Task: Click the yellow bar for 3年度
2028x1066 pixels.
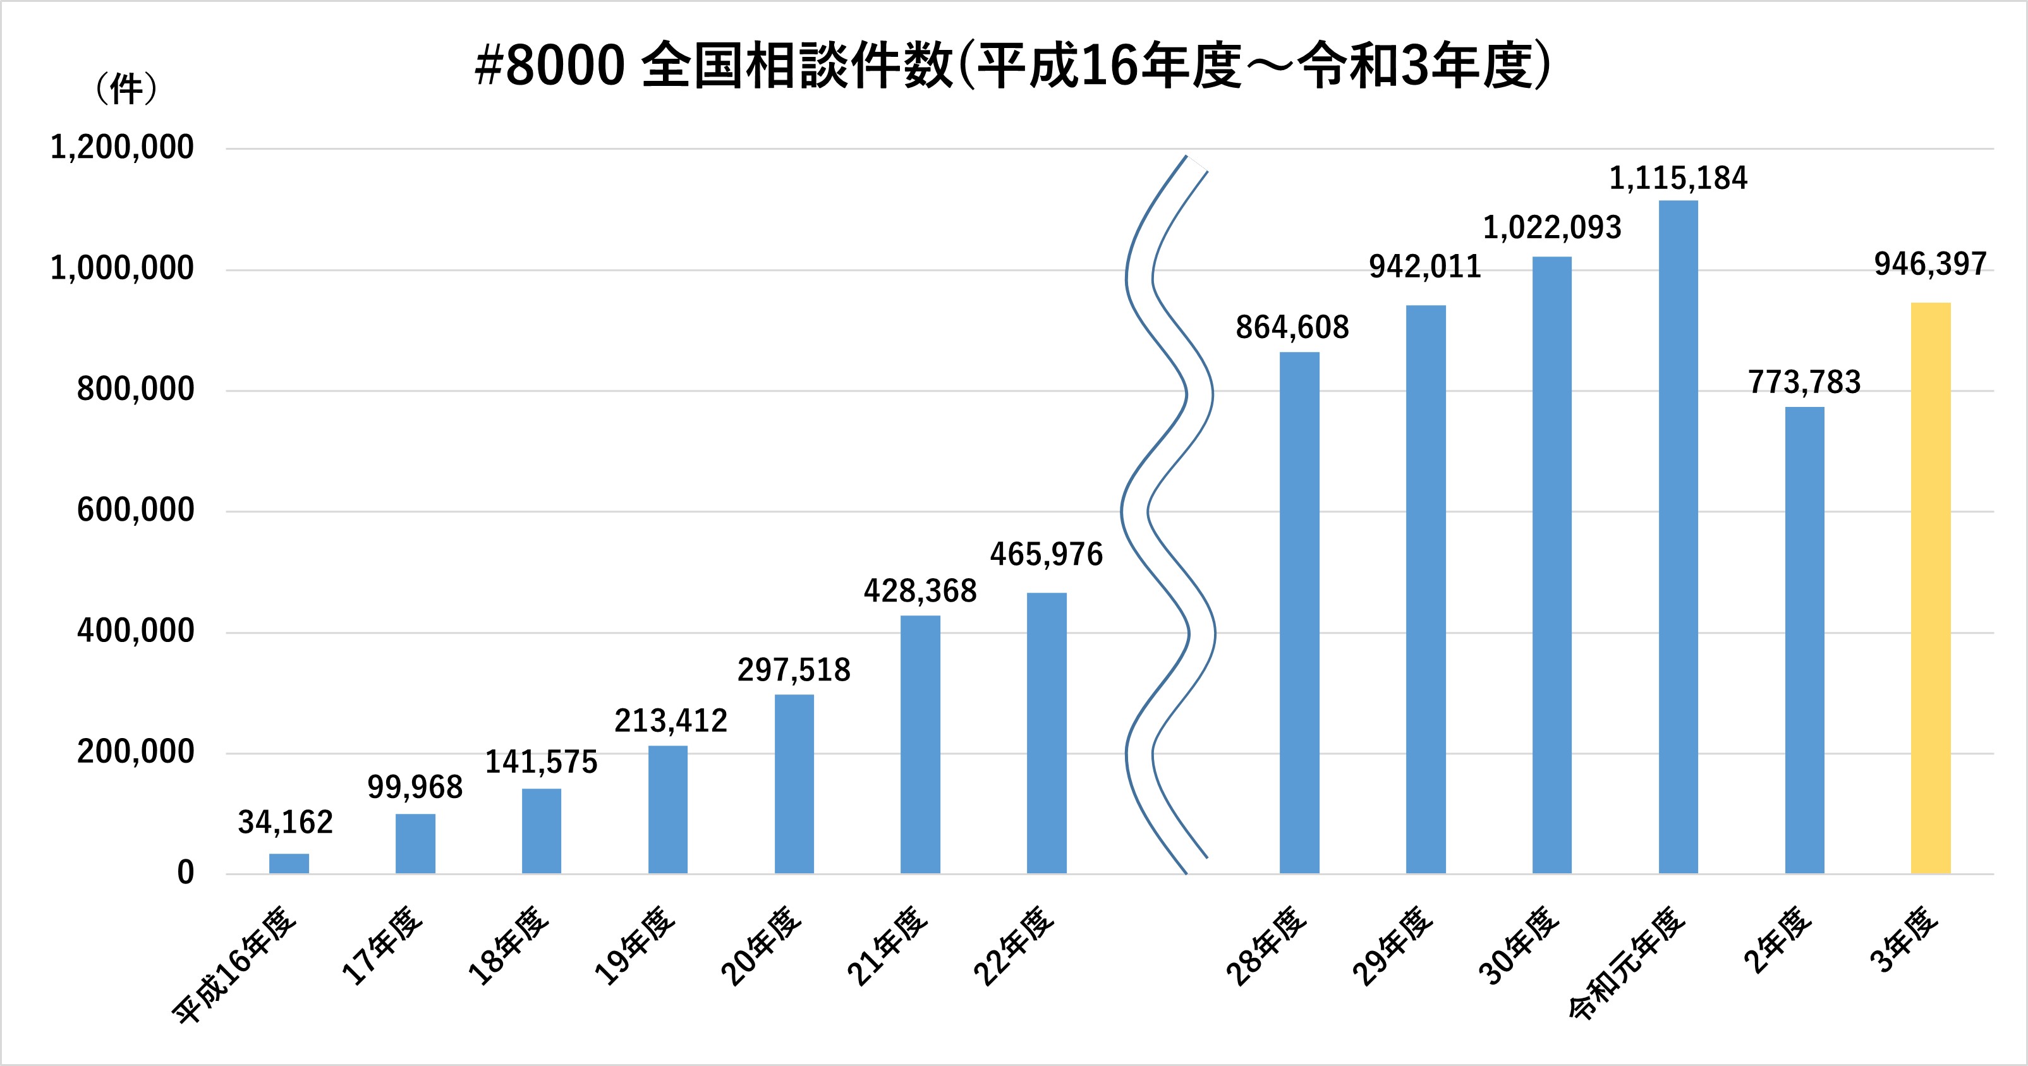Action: [x=1931, y=588]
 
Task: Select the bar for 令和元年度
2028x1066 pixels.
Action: [x=1678, y=537]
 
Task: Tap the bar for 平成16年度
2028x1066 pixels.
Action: [x=289, y=864]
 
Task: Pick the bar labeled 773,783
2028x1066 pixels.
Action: [x=1804, y=640]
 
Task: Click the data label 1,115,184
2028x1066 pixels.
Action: [x=1678, y=179]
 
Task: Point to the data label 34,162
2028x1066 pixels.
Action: [x=286, y=823]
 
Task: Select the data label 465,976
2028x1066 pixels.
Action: [x=1047, y=555]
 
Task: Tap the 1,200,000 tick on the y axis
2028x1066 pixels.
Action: [x=122, y=148]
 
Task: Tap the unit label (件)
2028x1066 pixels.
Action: [x=126, y=89]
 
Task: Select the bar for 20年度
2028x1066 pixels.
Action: [x=794, y=784]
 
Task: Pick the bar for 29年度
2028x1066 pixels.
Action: [x=1426, y=589]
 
